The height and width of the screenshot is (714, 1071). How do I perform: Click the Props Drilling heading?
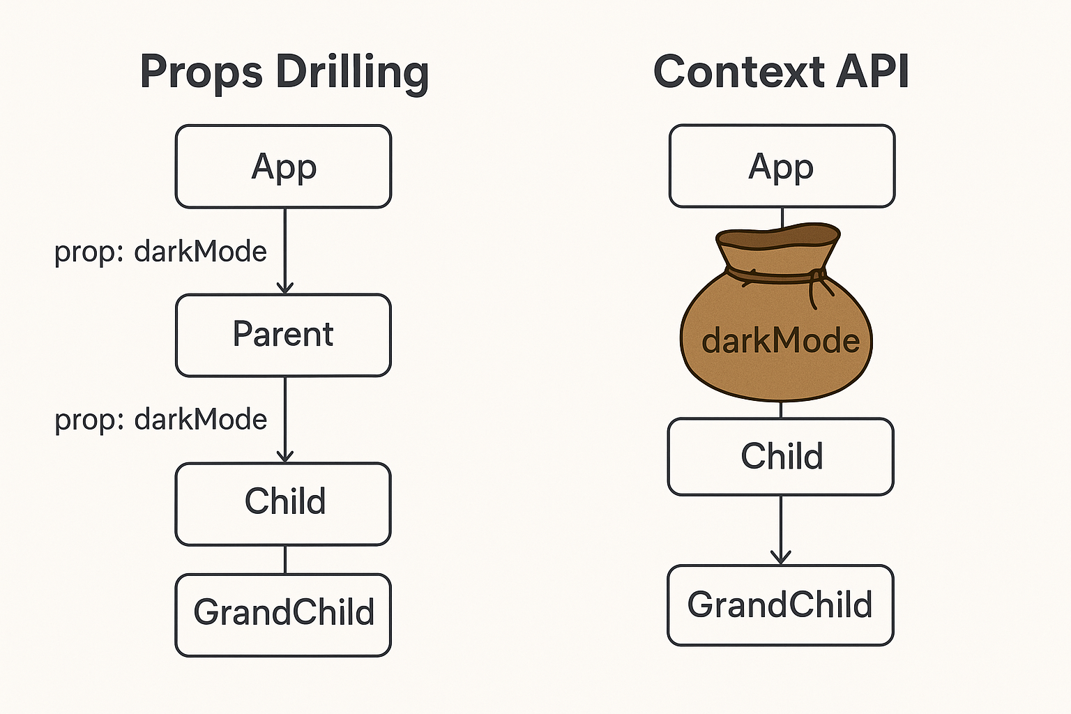click(284, 73)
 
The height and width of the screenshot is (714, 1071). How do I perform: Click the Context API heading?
click(781, 73)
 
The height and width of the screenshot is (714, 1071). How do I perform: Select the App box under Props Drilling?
click(283, 167)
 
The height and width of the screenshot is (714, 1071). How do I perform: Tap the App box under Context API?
click(782, 167)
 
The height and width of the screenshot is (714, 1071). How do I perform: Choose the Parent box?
click(283, 335)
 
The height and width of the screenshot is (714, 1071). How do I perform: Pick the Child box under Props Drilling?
click(283, 503)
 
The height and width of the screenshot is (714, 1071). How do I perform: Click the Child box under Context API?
click(781, 457)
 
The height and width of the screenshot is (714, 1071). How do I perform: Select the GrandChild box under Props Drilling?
click(283, 614)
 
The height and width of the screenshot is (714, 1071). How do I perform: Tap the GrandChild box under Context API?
click(780, 605)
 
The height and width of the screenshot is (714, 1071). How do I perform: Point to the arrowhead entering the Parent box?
click(284, 287)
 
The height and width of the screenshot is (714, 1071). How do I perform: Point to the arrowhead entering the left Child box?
click(284, 455)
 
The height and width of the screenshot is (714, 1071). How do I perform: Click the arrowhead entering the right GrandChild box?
click(781, 557)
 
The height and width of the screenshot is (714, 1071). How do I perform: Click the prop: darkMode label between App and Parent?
click(160, 252)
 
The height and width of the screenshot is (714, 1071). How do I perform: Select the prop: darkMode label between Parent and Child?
click(160, 420)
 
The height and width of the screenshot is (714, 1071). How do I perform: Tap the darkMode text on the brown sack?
click(780, 342)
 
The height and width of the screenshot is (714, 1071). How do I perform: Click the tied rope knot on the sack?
click(813, 279)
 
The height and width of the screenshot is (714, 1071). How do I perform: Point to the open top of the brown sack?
click(778, 236)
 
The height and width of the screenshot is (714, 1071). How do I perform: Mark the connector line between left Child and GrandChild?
click(284, 559)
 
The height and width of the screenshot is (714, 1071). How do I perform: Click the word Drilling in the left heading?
click(352, 73)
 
